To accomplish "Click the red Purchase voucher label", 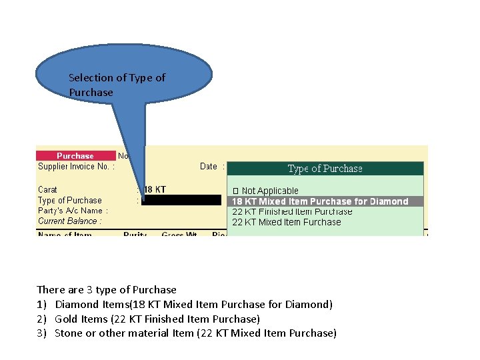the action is coord(75,156).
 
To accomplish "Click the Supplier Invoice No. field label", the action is coord(76,167).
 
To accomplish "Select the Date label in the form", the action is coord(209,167).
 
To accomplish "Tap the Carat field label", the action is coord(48,190).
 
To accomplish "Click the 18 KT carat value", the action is coord(156,190).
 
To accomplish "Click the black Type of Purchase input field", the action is coord(181,200).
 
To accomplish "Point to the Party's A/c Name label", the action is coord(73,211).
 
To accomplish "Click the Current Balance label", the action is coord(70,221).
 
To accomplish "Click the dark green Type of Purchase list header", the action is coord(325,169).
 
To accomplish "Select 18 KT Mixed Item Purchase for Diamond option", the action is coord(320,201).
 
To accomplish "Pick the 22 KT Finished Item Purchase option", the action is coord(292,211).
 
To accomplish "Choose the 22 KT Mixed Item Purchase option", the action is coord(287,222).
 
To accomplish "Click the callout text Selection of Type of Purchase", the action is coord(117,85).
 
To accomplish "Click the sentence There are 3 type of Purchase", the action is coord(107,290).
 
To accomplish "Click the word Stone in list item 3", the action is coord(68,333).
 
